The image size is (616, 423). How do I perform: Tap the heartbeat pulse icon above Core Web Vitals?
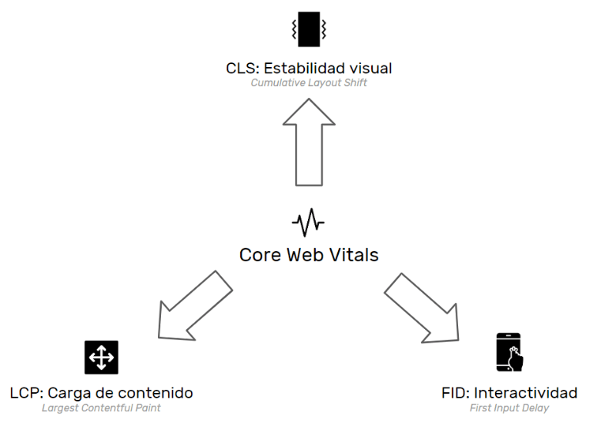coord(308,223)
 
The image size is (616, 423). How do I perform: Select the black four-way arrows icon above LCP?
coord(101,358)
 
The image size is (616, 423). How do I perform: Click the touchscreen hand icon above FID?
coord(509,352)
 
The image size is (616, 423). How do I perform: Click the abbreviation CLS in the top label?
coord(239,69)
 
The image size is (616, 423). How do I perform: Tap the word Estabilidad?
coord(305,69)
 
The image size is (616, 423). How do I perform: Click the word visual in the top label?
coord(370,69)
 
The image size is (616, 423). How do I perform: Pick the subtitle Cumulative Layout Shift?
coord(309,83)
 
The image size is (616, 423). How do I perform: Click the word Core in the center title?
coord(257,255)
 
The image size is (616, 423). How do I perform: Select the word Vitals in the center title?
coord(353,255)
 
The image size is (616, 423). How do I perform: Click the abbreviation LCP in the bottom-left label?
coord(25,394)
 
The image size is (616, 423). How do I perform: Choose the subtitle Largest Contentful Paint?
coord(101,408)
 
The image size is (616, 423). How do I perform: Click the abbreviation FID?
coord(455,394)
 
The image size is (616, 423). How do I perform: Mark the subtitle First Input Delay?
coord(509,408)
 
